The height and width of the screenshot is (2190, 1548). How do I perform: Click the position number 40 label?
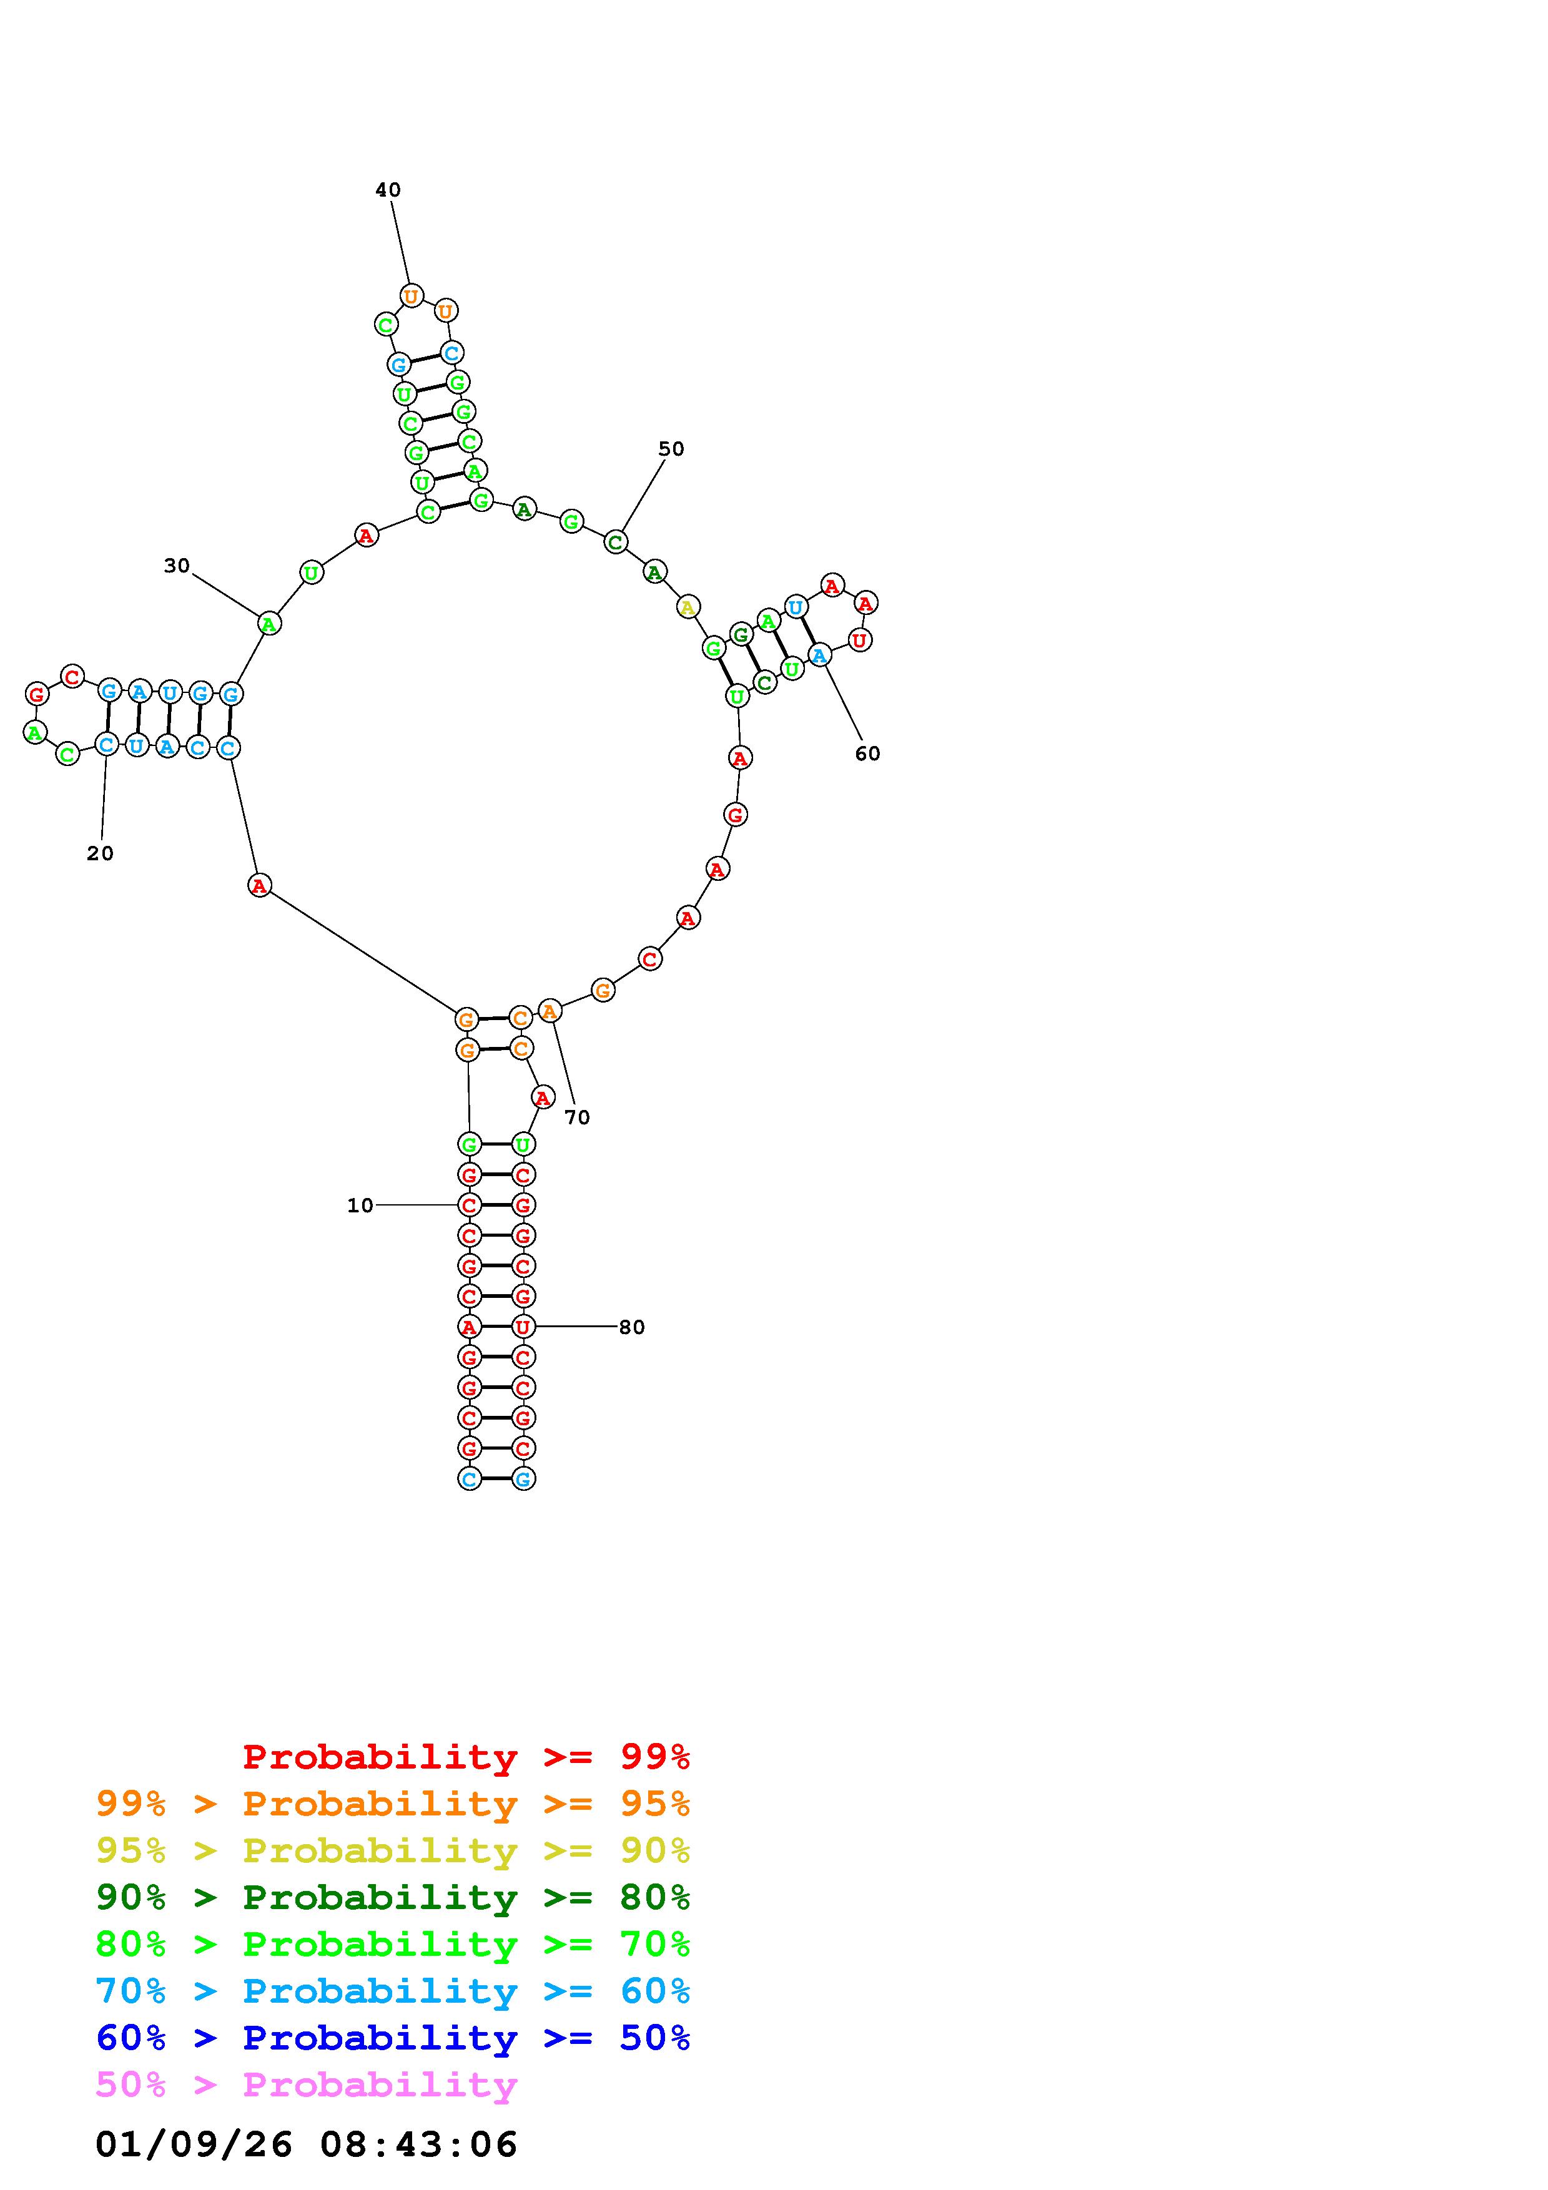click(x=387, y=190)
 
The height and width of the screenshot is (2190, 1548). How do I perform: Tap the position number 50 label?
click(x=671, y=449)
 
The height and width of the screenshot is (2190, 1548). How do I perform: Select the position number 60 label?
click(x=867, y=754)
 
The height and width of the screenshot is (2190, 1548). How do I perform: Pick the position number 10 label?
click(x=360, y=1205)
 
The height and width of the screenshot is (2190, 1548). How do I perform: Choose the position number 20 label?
click(x=100, y=853)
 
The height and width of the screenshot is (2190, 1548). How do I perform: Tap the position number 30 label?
click(x=177, y=566)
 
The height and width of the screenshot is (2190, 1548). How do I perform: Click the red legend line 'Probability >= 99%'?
click(x=466, y=1757)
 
